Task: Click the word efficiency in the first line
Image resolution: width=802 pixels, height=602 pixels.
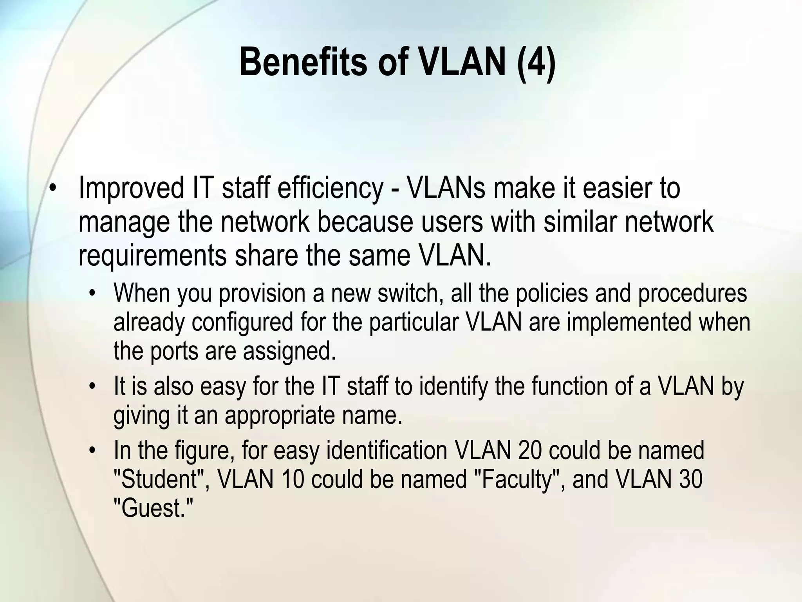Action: click(x=330, y=188)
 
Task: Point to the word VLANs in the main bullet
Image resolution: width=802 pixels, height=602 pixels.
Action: click(x=446, y=188)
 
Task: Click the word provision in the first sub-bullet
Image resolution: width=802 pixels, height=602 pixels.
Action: click(x=262, y=294)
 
